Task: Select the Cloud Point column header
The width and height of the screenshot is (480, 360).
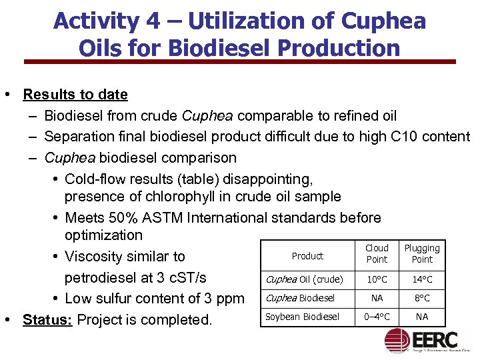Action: coord(377,253)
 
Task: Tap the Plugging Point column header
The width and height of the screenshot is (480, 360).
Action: coord(422,253)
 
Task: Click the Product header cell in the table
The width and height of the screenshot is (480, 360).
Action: coord(307,256)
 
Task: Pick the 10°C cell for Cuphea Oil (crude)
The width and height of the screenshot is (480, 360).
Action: coord(377,279)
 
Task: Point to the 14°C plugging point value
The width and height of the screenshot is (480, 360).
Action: coord(422,279)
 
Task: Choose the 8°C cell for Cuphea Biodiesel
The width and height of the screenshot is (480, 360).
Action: coord(422,298)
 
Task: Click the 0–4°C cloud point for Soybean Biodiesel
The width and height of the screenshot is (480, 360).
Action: coord(377,317)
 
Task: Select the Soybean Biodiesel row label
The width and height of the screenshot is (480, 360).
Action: coord(303,317)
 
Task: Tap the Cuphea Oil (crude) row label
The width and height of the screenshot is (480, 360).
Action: coord(305,279)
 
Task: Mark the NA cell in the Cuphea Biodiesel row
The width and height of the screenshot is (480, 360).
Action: coord(377,298)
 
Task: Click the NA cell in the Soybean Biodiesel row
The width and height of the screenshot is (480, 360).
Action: coord(422,317)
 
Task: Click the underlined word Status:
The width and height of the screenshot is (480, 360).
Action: coord(48,319)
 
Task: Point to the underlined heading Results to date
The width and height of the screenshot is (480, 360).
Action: coord(75,94)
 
